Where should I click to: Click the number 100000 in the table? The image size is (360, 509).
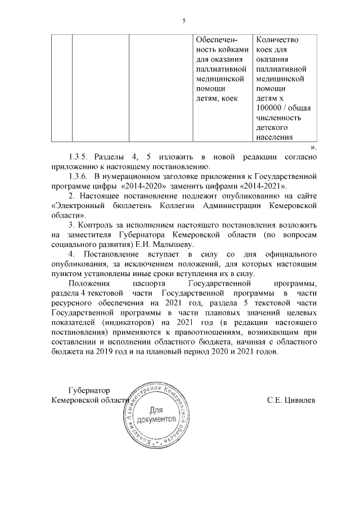(x=269, y=108)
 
